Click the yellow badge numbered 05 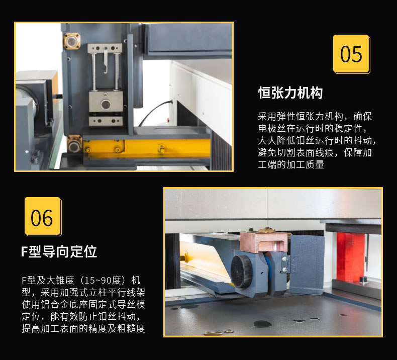[x=351, y=54]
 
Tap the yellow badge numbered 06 [x=43, y=217]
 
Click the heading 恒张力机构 [x=290, y=93]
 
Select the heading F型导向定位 [x=59, y=251]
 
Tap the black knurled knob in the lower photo [x=241, y=272]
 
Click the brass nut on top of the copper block [x=266, y=230]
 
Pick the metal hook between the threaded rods [x=106, y=62]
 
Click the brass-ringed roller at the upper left [x=72, y=41]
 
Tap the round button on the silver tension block [x=106, y=104]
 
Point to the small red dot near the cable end [x=168, y=120]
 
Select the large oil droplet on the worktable [x=262, y=324]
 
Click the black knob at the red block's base [x=363, y=280]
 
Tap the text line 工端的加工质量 [x=291, y=165]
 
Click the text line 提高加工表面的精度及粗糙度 [x=83, y=328]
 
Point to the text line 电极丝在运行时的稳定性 [x=313, y=128]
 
